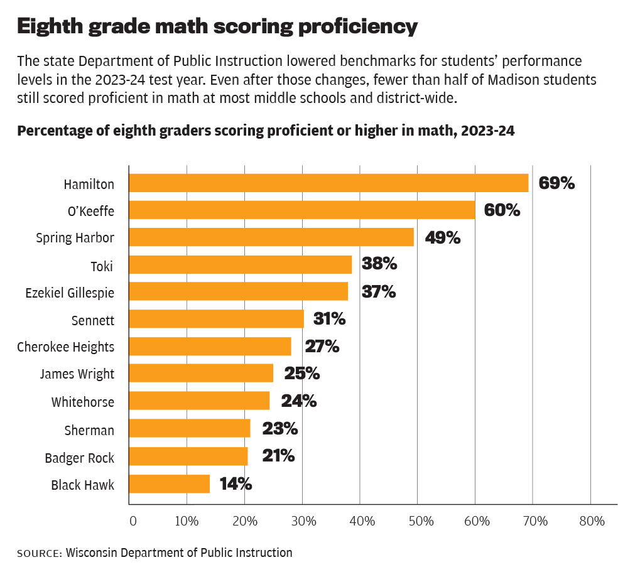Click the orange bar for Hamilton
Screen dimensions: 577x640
328,183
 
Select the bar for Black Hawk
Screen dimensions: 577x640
170,484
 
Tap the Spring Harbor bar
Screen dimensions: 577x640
271,237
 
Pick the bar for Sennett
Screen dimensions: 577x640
217,319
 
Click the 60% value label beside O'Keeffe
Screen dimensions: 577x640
502,210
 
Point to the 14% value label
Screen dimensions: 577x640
236,484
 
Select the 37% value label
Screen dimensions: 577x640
379,292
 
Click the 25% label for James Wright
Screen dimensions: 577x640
302,374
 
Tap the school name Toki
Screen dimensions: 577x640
102,266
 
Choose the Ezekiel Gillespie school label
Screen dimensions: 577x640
70,293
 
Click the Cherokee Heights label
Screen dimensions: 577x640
65,347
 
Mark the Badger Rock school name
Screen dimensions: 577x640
79,458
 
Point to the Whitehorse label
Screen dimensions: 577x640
83,402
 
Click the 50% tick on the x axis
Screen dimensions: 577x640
418,521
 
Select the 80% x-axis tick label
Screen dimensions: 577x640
591,521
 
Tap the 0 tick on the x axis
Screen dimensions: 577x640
133,521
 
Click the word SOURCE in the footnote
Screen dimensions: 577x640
39,554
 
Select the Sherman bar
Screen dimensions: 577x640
190,429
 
